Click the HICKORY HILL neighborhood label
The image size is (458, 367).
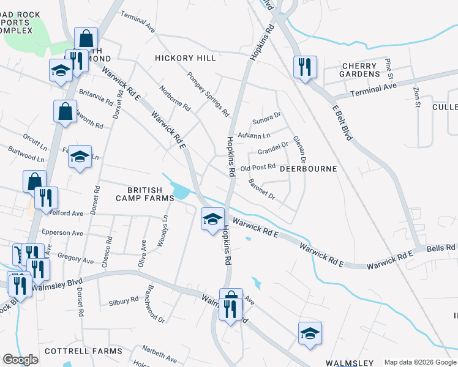(186, 58)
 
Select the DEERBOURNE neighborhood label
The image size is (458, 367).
(308, 168)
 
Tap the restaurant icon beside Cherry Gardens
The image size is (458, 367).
(305, 67)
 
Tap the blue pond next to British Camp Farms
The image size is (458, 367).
(181, 192)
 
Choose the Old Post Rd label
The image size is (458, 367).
(258, 168)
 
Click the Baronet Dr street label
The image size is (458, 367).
(262, 190)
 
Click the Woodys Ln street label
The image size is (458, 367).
(163, 231)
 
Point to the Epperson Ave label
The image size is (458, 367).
(62, 233)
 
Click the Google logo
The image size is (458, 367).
(20, 360)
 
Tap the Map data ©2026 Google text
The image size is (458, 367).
(419, 362)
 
